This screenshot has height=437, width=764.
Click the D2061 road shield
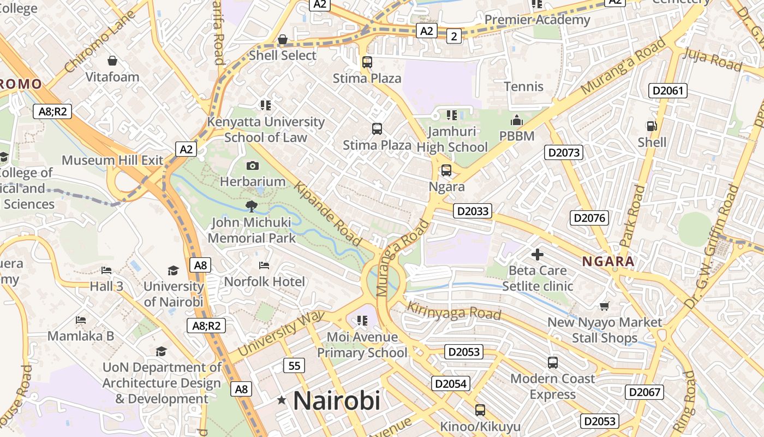667,91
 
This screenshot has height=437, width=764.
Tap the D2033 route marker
473,211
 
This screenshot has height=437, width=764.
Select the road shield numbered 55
294,365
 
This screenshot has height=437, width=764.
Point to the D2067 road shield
644,392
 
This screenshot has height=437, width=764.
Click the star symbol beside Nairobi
282,400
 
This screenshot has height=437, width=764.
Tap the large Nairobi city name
336,401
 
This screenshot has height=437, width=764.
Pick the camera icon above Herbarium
253,166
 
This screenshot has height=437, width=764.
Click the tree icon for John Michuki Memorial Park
251,206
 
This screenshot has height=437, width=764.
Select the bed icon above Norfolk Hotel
264,265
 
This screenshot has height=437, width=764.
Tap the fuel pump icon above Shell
652,126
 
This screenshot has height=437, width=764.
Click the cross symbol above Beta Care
538,254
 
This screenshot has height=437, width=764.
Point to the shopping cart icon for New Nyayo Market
604,306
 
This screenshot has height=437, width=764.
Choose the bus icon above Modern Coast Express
553,362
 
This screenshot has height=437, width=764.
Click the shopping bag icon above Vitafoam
112,60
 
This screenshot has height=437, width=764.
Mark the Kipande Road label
328,214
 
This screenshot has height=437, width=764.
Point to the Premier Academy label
537,20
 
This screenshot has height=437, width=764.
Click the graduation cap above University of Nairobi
173,270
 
